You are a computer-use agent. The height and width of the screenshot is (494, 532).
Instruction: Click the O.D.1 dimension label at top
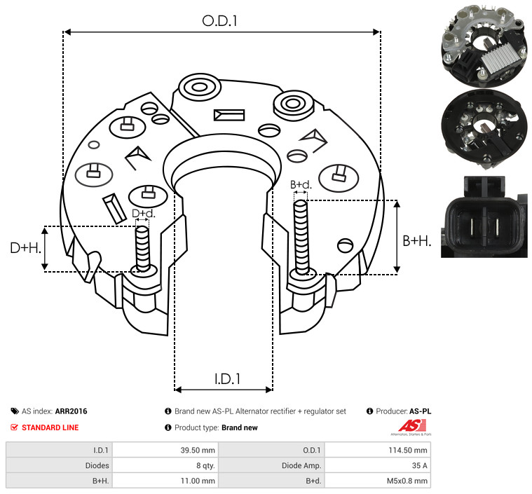(219, 21)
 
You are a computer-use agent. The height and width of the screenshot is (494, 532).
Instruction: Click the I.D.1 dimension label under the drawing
(227, 379)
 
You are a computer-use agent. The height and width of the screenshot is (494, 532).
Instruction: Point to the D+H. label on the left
(26, 248)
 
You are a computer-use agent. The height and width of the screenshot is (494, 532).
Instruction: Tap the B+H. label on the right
(417, 241)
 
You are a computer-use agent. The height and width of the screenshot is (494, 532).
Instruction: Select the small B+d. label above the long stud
(301, 185)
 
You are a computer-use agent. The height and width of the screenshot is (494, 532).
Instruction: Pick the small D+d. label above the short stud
(144, 214)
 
